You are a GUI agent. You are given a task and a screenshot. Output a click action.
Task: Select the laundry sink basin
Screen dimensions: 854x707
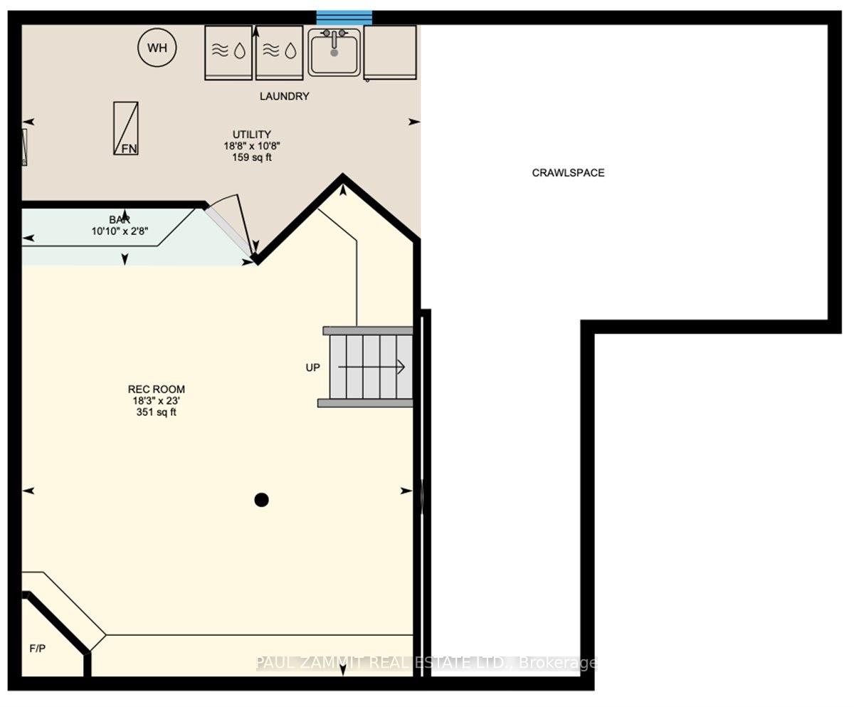coord(334,53)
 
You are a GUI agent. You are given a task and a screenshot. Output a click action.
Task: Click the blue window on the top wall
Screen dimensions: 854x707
coord(344,18)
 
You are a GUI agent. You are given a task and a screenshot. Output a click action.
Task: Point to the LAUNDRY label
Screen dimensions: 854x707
coord(284,96)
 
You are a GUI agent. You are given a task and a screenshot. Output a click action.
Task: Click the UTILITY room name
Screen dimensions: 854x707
coord(251,134)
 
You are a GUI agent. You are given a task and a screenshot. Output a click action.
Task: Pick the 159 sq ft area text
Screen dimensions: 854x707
coord(251,157)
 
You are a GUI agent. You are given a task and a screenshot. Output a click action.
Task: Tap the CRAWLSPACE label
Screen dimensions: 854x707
coord(568,173)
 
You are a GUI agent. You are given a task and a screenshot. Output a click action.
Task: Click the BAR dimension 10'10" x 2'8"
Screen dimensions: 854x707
coord(120,231)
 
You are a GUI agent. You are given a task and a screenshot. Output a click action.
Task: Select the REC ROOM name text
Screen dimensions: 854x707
coord(157,389)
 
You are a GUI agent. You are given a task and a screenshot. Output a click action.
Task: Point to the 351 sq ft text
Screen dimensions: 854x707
coord(157,412)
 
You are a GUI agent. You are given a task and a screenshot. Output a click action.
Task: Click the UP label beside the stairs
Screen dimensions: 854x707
coord(313,367)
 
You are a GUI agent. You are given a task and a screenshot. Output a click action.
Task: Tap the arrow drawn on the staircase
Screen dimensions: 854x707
coord(371,367)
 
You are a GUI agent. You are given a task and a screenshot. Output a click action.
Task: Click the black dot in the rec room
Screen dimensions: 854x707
coord(261,500)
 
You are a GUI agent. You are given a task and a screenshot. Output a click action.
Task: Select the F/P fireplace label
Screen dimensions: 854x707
coord(38,649)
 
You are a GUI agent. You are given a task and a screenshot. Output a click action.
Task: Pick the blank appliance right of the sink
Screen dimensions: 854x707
coord(390,53)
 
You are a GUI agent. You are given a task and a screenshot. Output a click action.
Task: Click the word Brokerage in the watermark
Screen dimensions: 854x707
coord(558,663)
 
